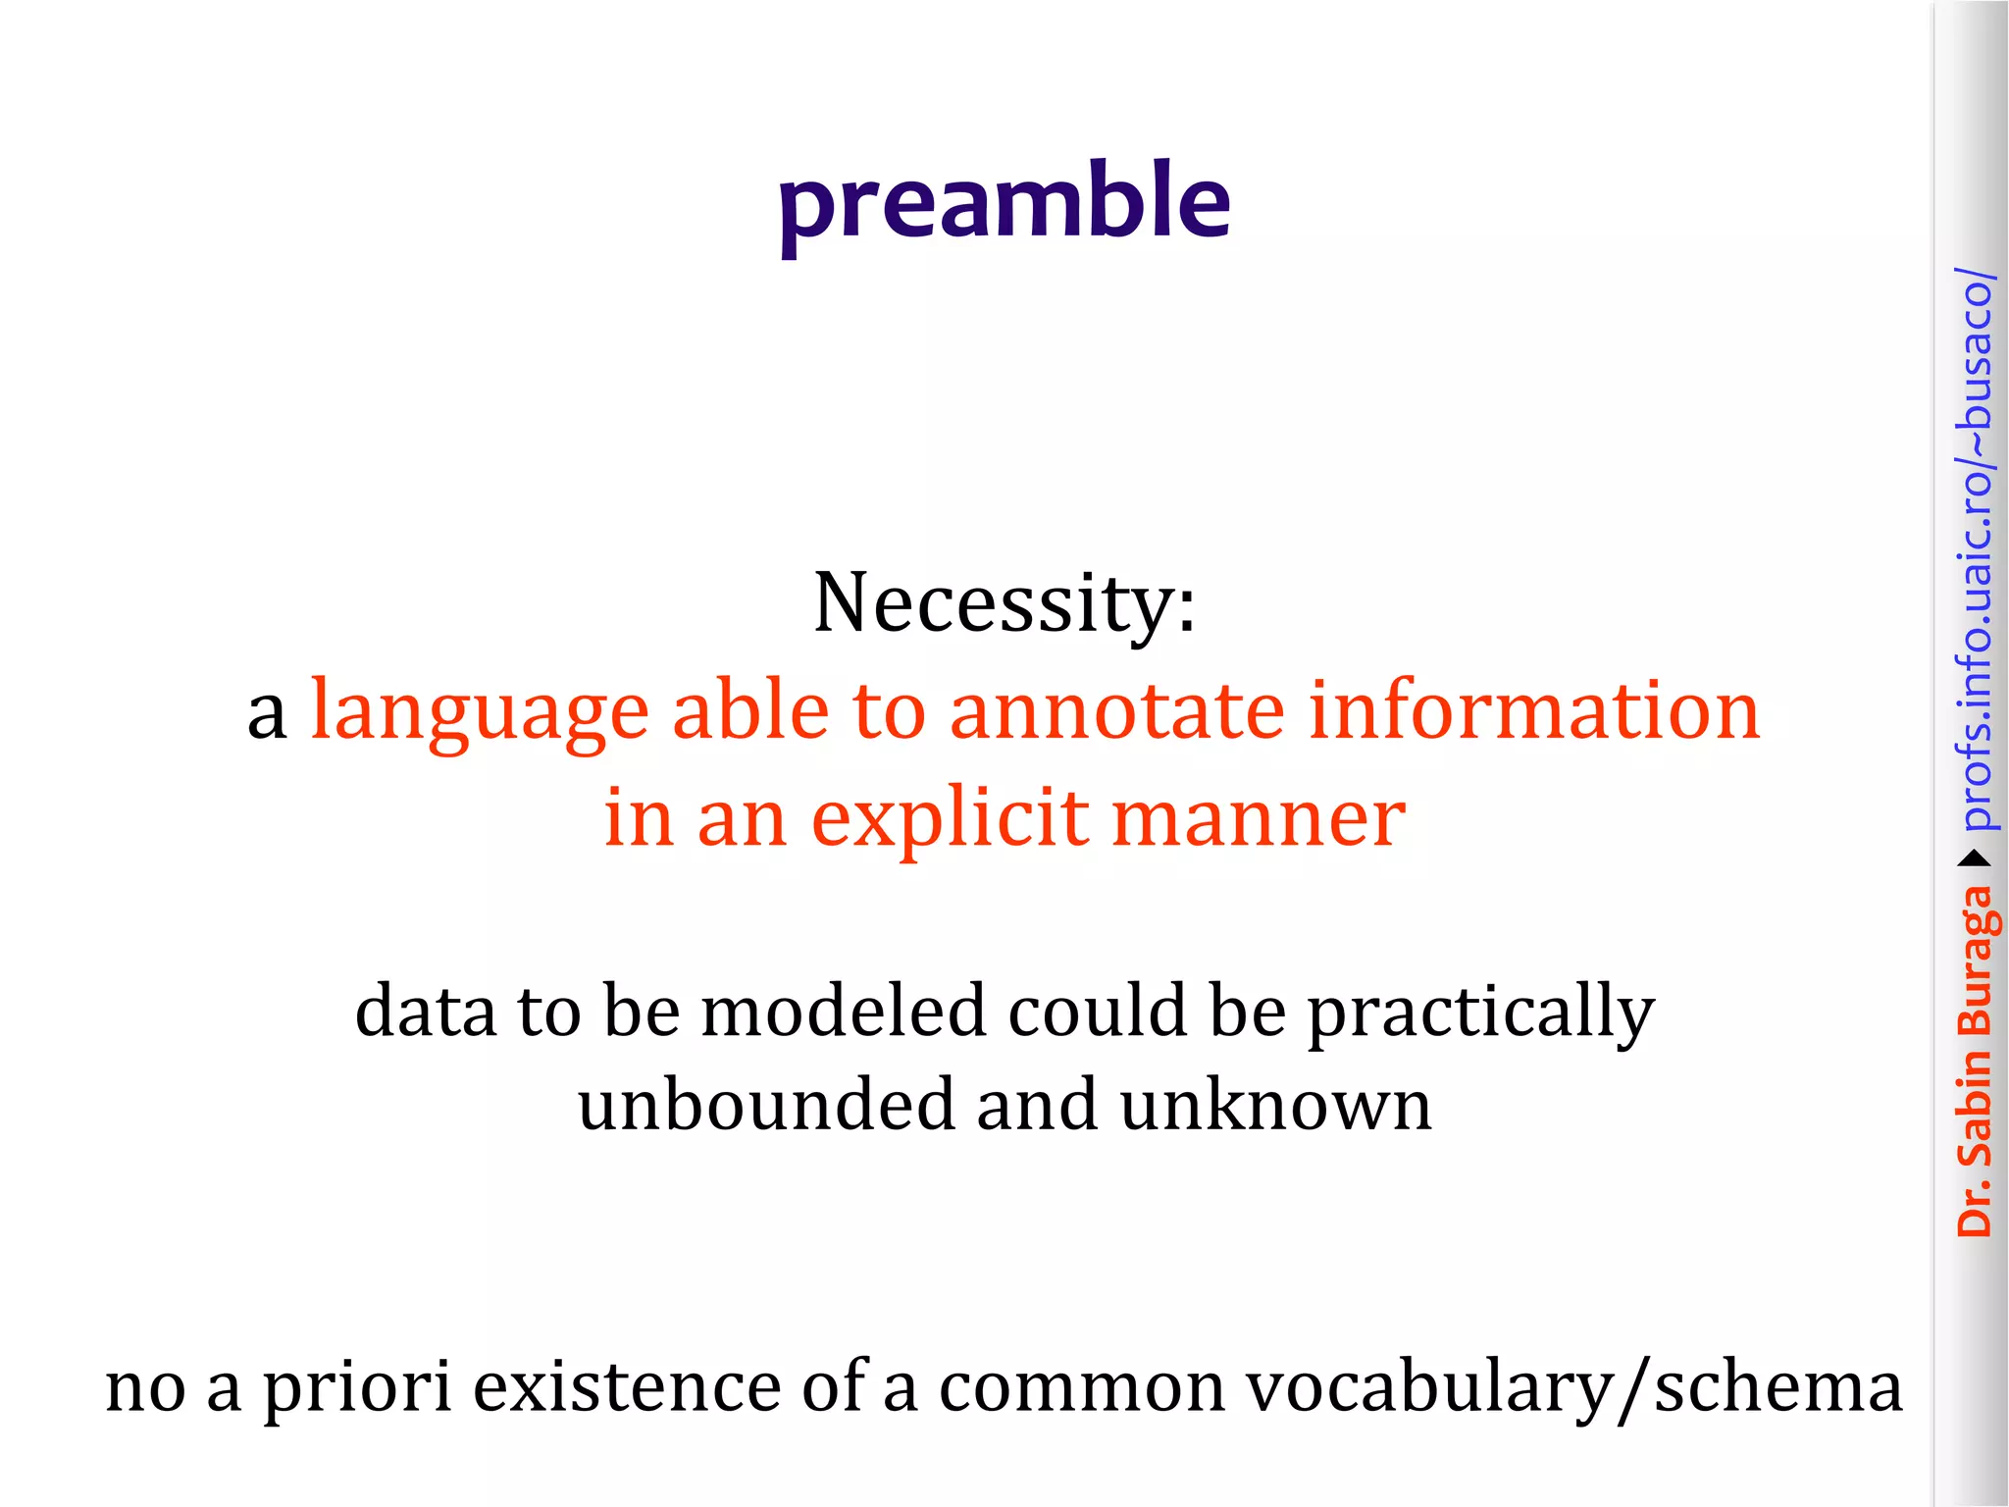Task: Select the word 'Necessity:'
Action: coord(1004,603)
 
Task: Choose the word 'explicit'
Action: coord(950,819)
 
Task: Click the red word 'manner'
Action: coord(1259,819)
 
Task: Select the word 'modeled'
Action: coord(843,1011)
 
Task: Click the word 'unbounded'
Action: coord(765,1105)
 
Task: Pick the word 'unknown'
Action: coord(1275,1105)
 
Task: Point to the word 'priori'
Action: coord(357,1388)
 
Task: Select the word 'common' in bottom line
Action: coord(1082,1388)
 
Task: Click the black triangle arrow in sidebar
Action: coord(1975,859)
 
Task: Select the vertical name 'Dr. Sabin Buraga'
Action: coord(1975,1060)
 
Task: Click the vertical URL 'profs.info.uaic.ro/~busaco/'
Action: coord(1975,549)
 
